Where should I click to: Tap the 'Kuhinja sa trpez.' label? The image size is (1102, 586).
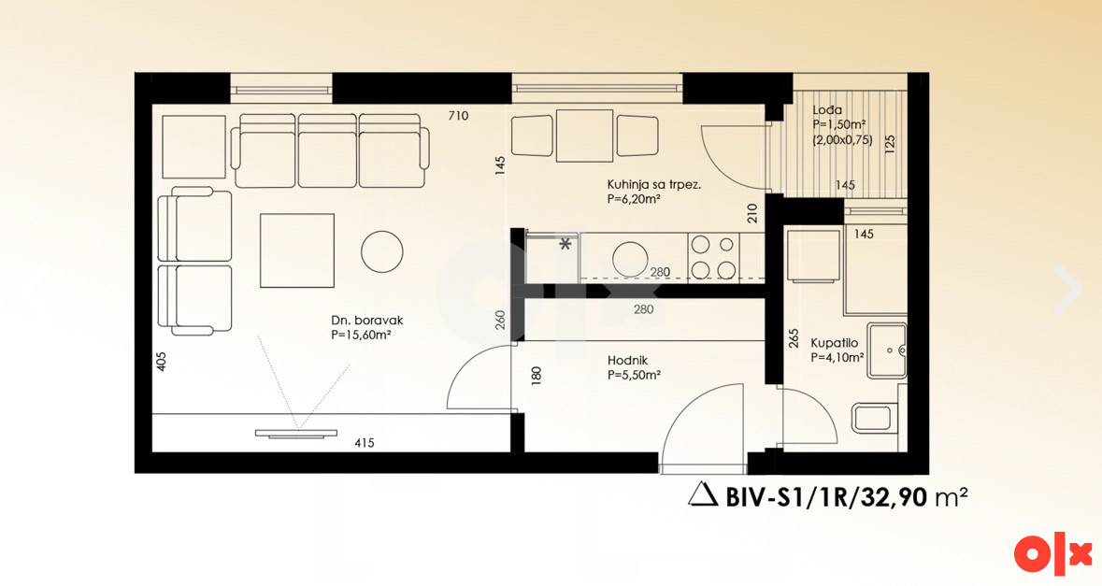pos(654,185)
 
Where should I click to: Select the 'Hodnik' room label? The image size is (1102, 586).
pos(627,361)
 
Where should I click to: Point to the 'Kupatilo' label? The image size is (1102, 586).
pos(835,344)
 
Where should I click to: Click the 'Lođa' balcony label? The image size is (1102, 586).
pos(827,109)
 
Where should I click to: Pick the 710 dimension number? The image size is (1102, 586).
pos(458,116)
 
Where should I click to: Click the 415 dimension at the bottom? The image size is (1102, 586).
pos(364,443)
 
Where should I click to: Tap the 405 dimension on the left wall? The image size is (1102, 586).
pos(161,361)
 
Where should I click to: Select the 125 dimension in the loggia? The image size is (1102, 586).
pos(890,144)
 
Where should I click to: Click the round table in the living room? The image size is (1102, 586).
pos(382,252)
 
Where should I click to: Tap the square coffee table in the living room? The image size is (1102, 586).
pos(297,250)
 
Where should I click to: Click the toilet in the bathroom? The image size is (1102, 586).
pos(875,418)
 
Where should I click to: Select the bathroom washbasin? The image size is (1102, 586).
pos(886,350)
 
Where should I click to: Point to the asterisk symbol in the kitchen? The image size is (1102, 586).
pos(565,245)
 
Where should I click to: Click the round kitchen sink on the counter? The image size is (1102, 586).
pos(630,259)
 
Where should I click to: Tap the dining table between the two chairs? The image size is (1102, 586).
pos(585,136)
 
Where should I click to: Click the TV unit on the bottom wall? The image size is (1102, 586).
pos(296,435)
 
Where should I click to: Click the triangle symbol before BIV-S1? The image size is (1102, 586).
pos(702,495)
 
